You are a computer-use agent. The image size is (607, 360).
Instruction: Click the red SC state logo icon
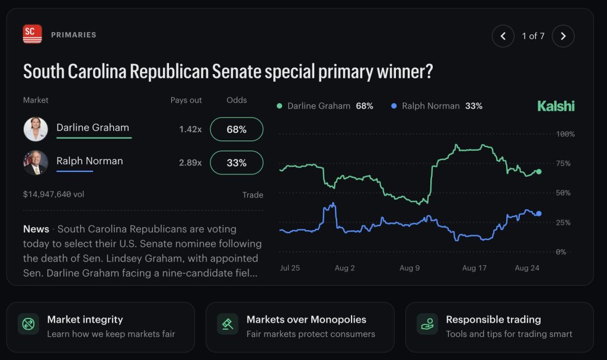(x=32, y=34)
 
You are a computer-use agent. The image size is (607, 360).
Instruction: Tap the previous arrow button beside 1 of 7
(x=503, y=36)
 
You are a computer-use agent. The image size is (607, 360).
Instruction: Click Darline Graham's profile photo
(x=36, y=129)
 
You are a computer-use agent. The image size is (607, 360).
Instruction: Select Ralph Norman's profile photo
(x=36, y=163)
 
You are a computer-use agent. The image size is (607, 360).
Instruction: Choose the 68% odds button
(x=237, y=129)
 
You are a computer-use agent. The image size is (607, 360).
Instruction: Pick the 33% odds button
(x=237, y=163)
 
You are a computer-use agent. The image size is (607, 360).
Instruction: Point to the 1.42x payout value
(x=190, y=129)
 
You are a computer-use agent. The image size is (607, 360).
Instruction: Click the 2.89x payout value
(x=190, y=163)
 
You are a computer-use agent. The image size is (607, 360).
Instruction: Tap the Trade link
(x=253, y=195)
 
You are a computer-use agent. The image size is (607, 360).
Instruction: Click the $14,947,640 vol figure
(x=53, y=194)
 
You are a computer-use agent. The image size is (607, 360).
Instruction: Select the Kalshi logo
(x=556, y=106)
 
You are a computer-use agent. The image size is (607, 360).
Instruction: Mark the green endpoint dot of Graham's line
(x=538, y=171)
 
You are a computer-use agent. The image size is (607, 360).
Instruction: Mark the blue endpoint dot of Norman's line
(x=538, y=214)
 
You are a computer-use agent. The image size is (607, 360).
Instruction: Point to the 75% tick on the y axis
(x=563, y=164)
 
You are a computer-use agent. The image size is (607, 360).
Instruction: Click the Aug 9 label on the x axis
(x=410, y=267)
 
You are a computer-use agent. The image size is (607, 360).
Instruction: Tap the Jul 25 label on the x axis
(x=290, y=267)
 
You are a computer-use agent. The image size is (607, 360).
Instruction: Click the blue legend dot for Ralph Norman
(x=394, y=106)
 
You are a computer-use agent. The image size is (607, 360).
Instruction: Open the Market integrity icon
(x=28, y=324)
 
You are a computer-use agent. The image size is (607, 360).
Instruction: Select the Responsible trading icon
(x=427, y=324)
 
